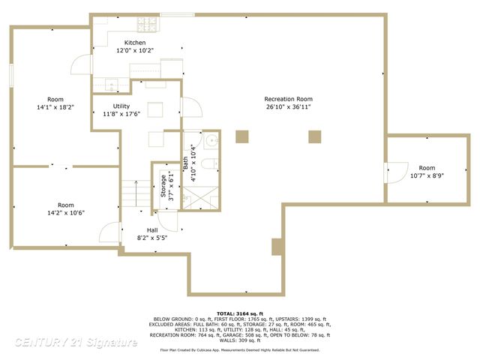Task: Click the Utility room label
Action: [x=121, y=106]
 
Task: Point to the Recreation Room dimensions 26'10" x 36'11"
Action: [x=288, y=107]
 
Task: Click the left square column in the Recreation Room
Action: [x=241, y=136]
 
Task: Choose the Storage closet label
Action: [x=163, y=187]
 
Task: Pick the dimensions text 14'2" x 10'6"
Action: [x=66, y=212]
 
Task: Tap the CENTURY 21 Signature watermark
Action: [x=75, y=343]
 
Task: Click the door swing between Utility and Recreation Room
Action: [x=188, y=108]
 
